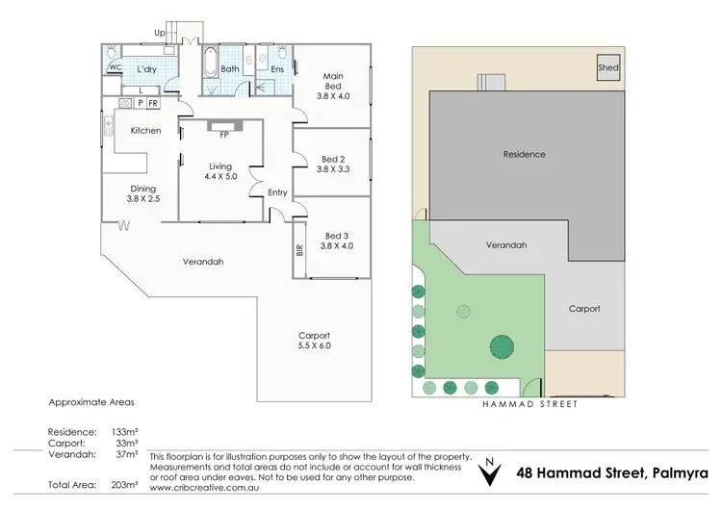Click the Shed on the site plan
pos(607,68)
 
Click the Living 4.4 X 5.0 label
pos(220,171)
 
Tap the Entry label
pos(277,192)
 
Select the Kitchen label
pos(145,131)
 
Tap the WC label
pos(114,68)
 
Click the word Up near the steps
pos(159,32)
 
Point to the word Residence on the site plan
pos(524,154)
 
